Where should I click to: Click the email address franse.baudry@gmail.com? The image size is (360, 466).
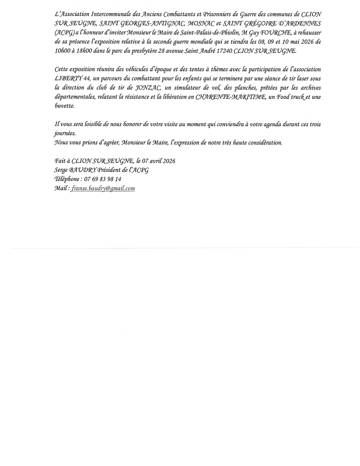(x=103, y=188)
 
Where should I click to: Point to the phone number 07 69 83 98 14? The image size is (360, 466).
(x=103, y=179)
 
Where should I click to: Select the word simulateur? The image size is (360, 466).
(x=188, y=88)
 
